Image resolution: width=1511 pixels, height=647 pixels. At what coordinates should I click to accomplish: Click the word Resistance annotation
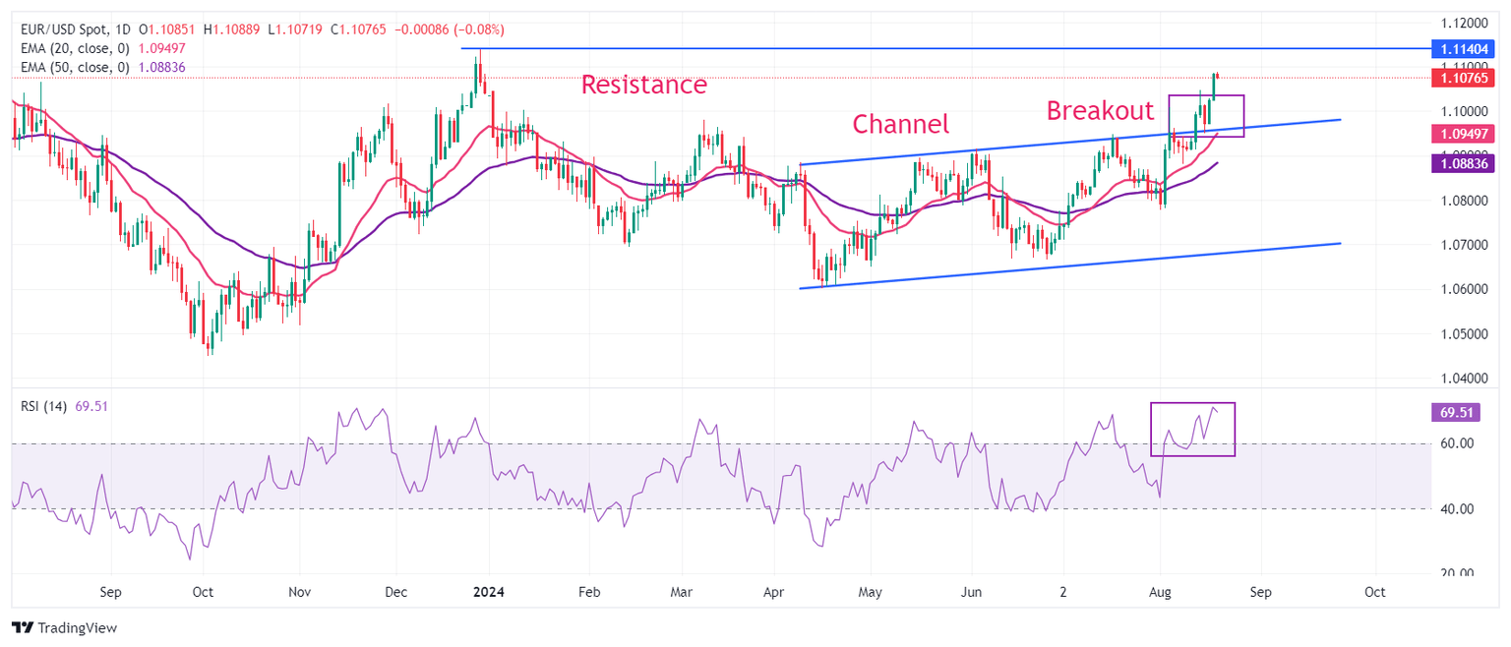(x=643, y=85)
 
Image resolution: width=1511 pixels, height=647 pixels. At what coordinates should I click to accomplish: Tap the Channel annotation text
(x=900, y=124)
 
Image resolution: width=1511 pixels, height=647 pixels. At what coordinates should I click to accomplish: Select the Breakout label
(x=1099, y=110)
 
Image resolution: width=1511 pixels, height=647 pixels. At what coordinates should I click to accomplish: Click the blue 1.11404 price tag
(x=1467, y=48)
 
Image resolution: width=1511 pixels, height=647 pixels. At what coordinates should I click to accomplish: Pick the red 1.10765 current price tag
(x=1467, y=77)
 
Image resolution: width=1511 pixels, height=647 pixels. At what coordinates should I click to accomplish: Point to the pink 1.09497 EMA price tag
(x=1467, y=134)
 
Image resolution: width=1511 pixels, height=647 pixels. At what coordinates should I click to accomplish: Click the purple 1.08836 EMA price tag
(x=1467, y=162)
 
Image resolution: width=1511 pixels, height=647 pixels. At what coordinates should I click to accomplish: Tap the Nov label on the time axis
(x=300, y=593)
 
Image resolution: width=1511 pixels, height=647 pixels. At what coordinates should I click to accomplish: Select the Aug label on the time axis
(x=1160, y=593)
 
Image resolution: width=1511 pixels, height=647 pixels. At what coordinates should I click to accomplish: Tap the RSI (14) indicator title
(x=43, y=406)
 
